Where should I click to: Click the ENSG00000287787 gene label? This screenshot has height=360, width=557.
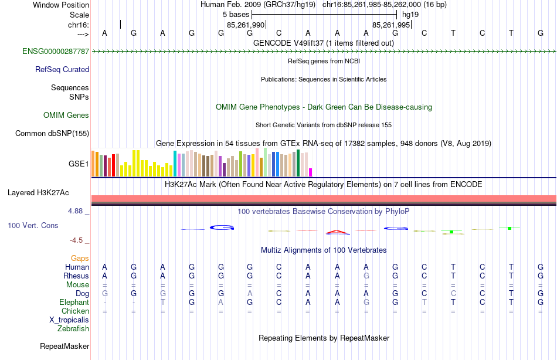(56, 52)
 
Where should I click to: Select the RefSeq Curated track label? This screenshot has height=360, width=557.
(62, 70)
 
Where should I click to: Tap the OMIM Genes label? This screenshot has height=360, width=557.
(66, 116)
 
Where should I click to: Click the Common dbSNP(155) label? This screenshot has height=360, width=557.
(52, 134)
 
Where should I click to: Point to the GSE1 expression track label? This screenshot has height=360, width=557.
(79, 164)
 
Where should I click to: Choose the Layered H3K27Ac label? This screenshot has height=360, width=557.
(38, 192)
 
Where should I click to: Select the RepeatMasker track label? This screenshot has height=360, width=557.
(64, 347)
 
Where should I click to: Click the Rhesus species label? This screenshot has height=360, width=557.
(77, 276)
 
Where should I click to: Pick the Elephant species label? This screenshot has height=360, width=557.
(74, 303)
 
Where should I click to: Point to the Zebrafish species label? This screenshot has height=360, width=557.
(73, 329)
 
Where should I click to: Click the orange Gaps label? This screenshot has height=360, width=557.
(80, 259)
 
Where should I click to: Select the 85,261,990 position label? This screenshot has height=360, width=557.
(246, 25)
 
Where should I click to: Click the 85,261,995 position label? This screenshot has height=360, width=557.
(392, 25)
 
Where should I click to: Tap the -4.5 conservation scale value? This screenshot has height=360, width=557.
(80, 240)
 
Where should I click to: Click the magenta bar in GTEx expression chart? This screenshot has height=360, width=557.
(311, 172)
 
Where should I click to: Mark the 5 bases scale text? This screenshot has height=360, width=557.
(236, 15)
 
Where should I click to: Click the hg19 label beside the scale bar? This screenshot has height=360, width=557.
(410, 15)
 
